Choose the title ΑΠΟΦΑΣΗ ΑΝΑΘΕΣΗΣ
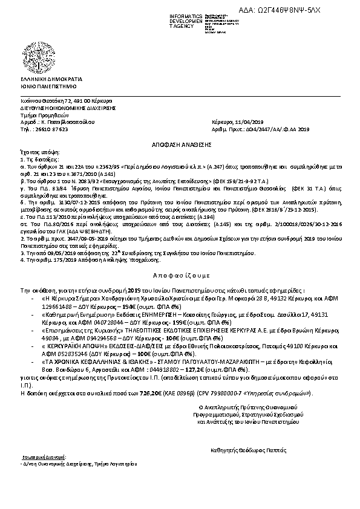180,137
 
